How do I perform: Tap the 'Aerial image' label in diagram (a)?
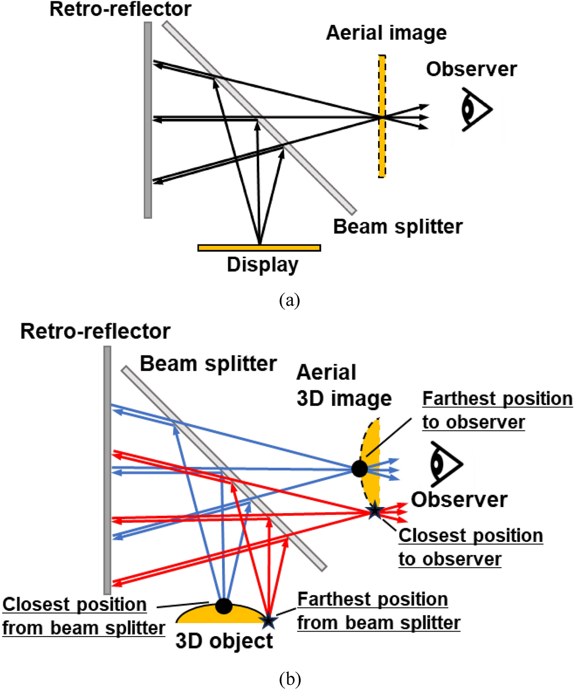[386, 33]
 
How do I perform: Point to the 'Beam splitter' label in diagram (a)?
[398, 227]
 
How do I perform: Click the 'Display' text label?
[262, 265]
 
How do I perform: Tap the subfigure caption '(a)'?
[290, 300]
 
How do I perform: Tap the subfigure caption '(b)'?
[290, 679]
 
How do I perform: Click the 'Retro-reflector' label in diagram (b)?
[95, 331]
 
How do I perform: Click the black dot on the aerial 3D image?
[360, 468]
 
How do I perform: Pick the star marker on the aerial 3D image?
[375, 511]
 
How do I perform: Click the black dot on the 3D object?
[224, 606]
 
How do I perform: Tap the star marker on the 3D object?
[268, 621]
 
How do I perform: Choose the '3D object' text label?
[224, 641]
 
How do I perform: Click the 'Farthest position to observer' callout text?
[497, 410]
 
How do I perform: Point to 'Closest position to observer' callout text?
[470, 547]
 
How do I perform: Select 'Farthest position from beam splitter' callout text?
[378, 611]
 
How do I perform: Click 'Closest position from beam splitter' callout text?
[83, 616]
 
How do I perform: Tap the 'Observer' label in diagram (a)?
[471, 69]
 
